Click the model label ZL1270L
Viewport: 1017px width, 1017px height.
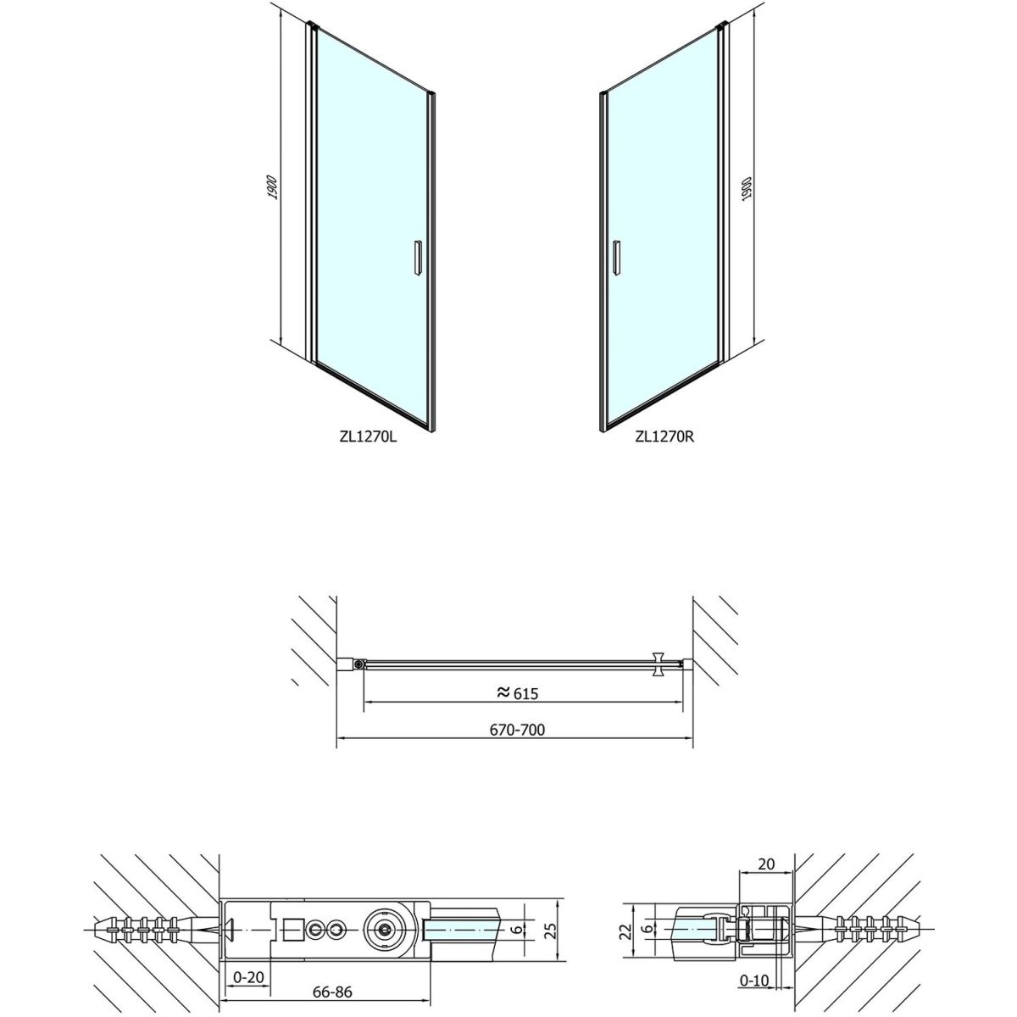pyautogui.click(x=368, y=437)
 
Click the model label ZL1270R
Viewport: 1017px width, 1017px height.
pyautogui.click(x=664, y=437)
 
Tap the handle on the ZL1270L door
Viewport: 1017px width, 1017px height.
pyautogui.click(x=418, y=258)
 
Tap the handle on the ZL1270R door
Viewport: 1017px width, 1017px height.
pyautogui.click(x=616, y=258)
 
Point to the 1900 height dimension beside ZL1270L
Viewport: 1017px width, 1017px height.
pyautogui.click(x=272, y=186)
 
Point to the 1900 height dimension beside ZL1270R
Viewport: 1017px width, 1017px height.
pyautogui.click(x=747, y=187)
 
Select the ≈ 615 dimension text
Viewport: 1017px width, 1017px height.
pyautogui.click(x=518, y=693)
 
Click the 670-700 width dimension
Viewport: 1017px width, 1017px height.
pyautogui.click(x=517, y=730)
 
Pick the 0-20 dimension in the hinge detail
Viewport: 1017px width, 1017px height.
pyautogui.click(x=248, y=963)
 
